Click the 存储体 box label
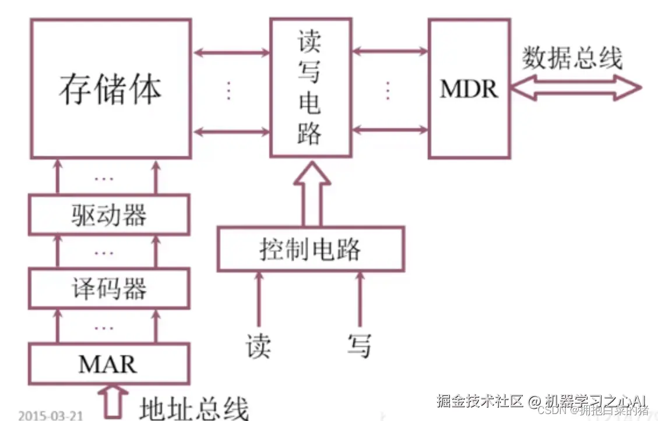tap(110, 90)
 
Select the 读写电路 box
tap(310, 87)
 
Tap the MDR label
tap(469, 89)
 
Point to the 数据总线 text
tap(572, 58)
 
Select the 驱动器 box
tap(109, 215)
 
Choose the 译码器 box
tap(109, 288)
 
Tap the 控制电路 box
tap(310, 249)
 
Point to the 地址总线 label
tap(193, 408)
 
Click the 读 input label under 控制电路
tap(258, 346)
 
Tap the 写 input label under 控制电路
tap(359, 345)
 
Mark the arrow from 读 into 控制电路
tap(258, 300)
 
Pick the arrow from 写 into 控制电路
tap(360, 300)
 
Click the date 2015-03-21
tap(51, 415)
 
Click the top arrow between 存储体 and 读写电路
tap(231, 53)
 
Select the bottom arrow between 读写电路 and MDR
tap(390, 129)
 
